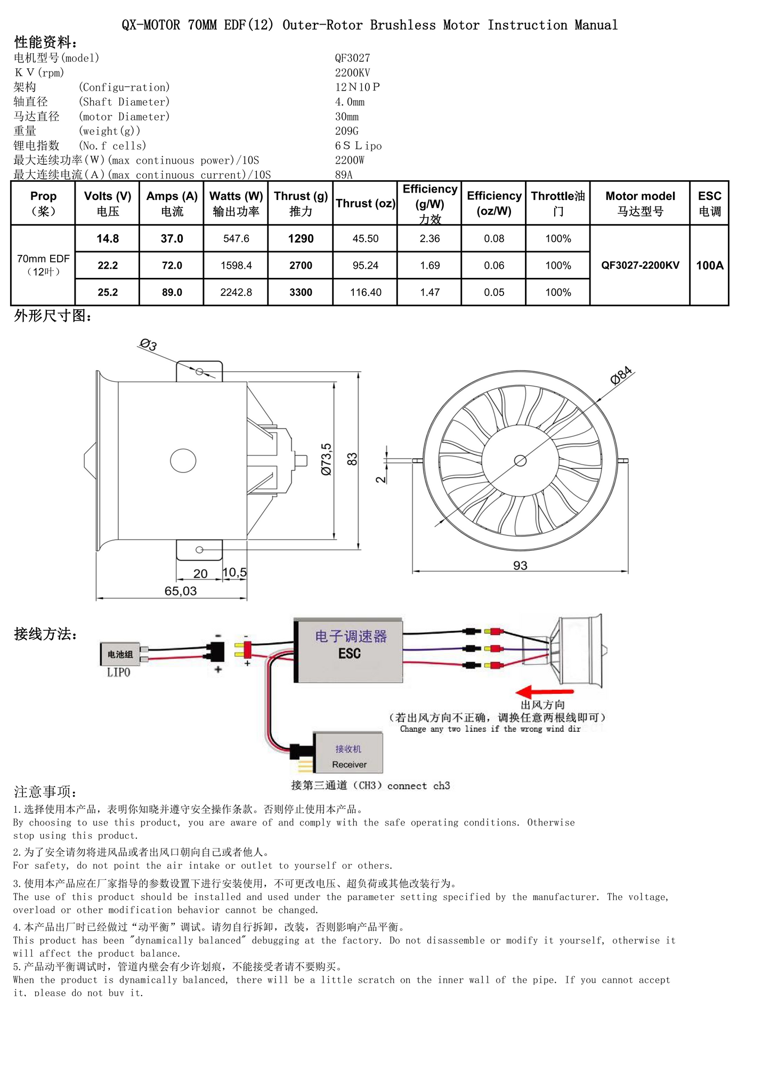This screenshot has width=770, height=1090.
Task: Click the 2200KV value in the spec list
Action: (352, 73)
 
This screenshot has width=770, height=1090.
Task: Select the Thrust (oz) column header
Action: (365, 204)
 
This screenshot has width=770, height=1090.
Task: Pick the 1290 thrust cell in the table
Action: (301, 239)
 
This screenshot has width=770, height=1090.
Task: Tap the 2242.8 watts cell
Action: (236, 292)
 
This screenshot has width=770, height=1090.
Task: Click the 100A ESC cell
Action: (709, 266)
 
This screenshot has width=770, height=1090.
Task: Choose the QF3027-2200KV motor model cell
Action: (640, 266)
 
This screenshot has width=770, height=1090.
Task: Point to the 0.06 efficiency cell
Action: (493, 266)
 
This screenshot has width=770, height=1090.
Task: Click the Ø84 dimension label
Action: (621, 375)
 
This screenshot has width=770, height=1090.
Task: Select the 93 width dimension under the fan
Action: (520, 565)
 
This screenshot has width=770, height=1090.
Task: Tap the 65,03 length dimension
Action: (181, 591)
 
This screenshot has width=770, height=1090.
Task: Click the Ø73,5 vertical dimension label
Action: (326, 459)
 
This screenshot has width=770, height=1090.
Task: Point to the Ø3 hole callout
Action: (148, 344)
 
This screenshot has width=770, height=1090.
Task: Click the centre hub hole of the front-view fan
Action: (520, 461)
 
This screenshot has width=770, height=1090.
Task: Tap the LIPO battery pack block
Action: (120, 654)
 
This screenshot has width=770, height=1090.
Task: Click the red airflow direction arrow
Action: (544, 692)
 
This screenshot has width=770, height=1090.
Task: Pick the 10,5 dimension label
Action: (234, 573)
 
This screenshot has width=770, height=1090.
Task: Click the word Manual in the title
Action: (596, 25)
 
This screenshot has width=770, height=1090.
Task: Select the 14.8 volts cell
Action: (108, 239)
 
